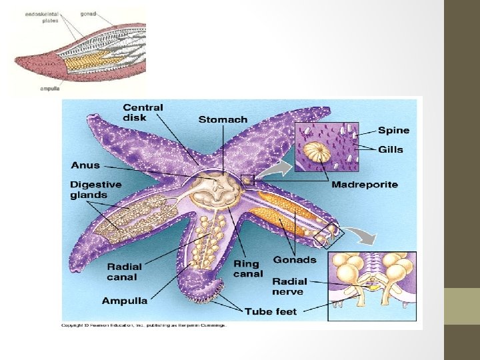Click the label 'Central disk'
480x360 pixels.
pos(142,112)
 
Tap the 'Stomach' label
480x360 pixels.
pos(223,120)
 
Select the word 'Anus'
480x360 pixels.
pos(85,165)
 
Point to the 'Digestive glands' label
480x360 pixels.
pos(96,190)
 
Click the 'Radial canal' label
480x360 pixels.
pos(125,272)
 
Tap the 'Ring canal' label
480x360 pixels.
pos(248,269)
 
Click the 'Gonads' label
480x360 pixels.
pos(295,259)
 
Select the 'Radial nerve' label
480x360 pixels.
pos(288,286)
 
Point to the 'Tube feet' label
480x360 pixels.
pos(271,311)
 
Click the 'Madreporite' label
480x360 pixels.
pos(365,184)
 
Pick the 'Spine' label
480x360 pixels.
pos(393,131)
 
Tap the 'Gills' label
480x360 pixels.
pos(391,149)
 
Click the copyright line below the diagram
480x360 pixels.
pos(144,325)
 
